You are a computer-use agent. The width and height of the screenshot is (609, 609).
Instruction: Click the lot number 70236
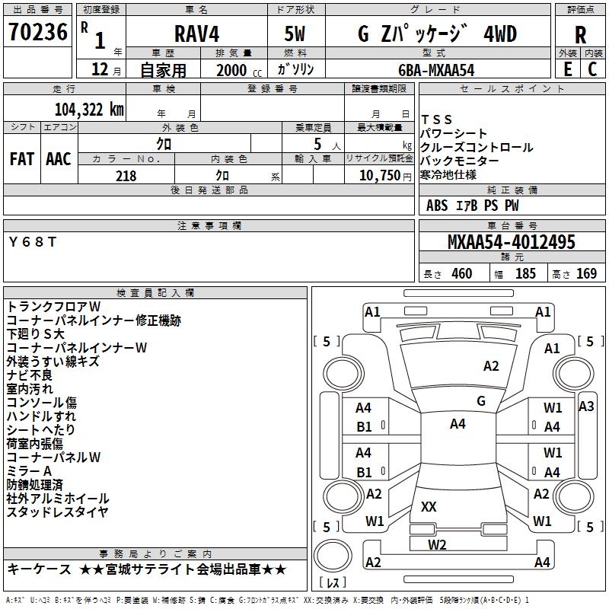coord(39,33)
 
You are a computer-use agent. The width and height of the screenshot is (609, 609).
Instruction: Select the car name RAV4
coord(196,34)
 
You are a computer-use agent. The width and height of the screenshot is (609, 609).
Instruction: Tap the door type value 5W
coord(295,34)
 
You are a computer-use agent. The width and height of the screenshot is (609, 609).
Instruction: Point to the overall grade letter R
coord(580,34)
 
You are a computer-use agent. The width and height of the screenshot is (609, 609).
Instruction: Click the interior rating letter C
coord(592,69)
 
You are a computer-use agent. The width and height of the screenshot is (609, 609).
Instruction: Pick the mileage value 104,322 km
coord(89,109)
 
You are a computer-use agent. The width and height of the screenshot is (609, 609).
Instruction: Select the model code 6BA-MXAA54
coord(436,69)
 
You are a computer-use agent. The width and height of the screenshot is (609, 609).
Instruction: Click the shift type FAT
coord(21,158)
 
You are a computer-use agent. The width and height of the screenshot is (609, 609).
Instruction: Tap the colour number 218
coord(126,176)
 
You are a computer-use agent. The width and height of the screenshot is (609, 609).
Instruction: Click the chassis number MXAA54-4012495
coord(512,243)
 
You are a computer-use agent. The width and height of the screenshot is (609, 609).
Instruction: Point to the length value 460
coord(461,274)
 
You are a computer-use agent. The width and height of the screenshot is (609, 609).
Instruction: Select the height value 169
coord(586,274)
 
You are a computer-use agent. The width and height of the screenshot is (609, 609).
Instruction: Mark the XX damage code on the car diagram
coord(429,506)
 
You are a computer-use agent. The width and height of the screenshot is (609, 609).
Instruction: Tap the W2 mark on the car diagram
coord(436,544)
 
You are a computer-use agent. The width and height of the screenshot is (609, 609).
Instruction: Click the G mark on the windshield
coord(480,400)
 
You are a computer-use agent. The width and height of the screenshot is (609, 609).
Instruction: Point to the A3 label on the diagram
coord(586,407)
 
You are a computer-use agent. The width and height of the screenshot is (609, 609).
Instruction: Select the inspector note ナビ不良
coord(30,375)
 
